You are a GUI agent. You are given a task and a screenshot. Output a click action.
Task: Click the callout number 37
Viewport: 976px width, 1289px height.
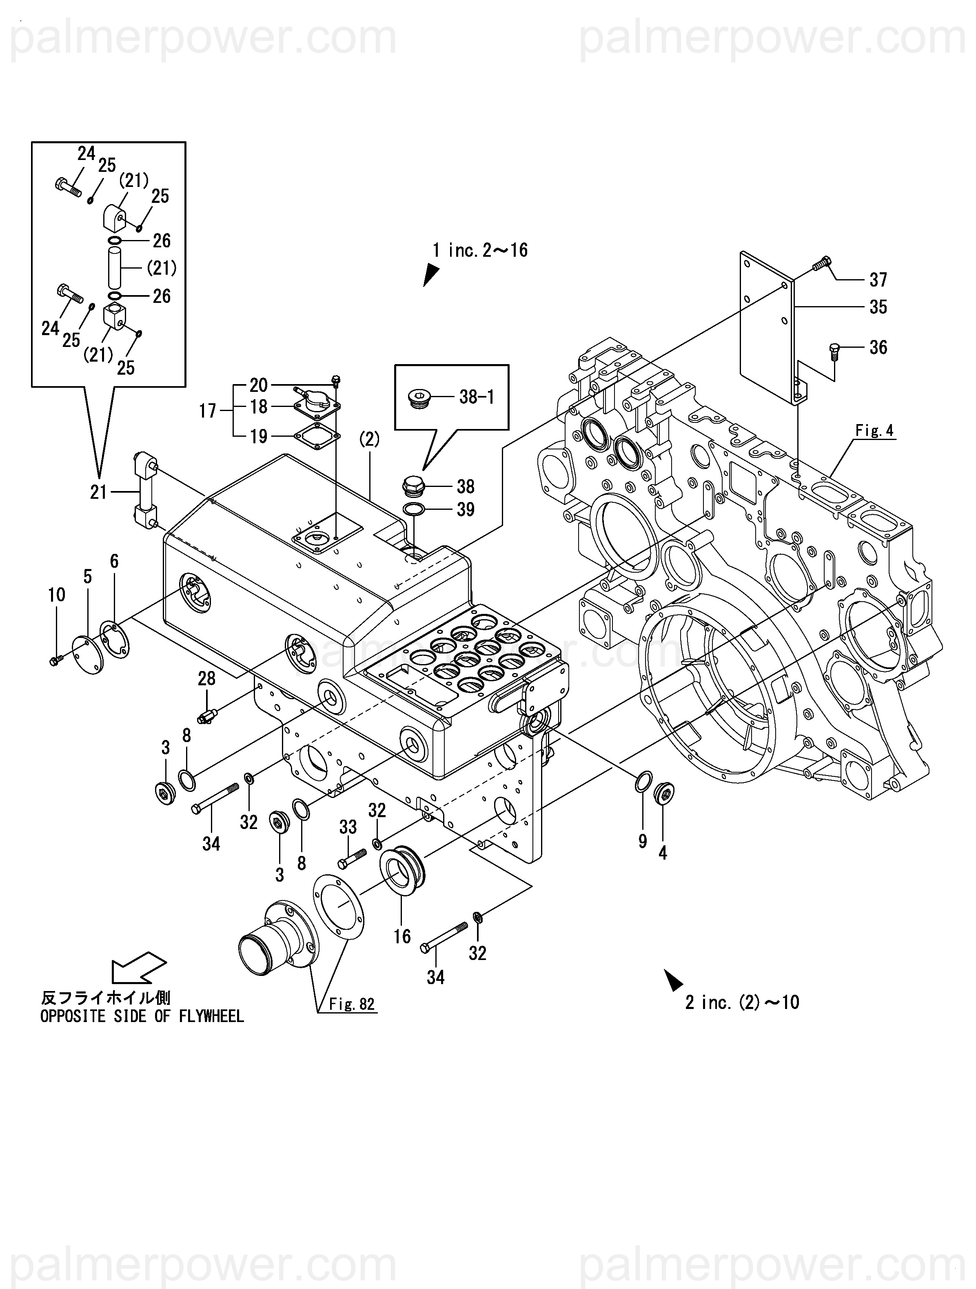click(x=878, y=280)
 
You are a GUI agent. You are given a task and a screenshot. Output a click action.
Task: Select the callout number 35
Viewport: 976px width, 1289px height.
click(x=878, y=307)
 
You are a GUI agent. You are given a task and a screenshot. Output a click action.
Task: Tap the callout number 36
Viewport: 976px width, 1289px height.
click(x=878, y=347)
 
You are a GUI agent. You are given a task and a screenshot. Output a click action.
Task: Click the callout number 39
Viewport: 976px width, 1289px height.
click(x=465, y=509)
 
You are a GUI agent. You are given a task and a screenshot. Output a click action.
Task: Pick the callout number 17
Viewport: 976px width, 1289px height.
click(x=207, y=411)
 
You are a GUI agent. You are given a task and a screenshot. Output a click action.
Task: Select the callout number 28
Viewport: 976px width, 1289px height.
click(x=206, y=678)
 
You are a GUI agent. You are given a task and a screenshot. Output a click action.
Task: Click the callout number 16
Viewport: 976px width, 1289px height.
click(x=402, y=936)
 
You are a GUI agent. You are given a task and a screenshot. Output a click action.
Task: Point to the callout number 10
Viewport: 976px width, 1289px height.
click(x=57, y=595)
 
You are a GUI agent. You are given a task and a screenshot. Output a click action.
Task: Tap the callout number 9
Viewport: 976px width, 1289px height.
click(x=642, y=841)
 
